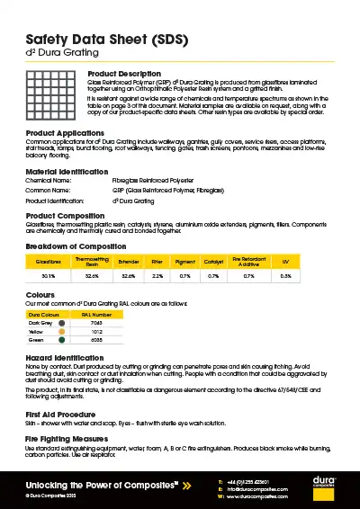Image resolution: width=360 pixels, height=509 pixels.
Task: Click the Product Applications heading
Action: [66, 133]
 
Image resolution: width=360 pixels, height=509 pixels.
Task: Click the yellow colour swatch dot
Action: [61, 331]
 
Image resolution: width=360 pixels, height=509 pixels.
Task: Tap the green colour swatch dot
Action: [61, 340]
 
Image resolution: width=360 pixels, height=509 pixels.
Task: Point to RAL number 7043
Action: [96, 323]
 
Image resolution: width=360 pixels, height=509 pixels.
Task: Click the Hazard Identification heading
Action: [66, 358]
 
